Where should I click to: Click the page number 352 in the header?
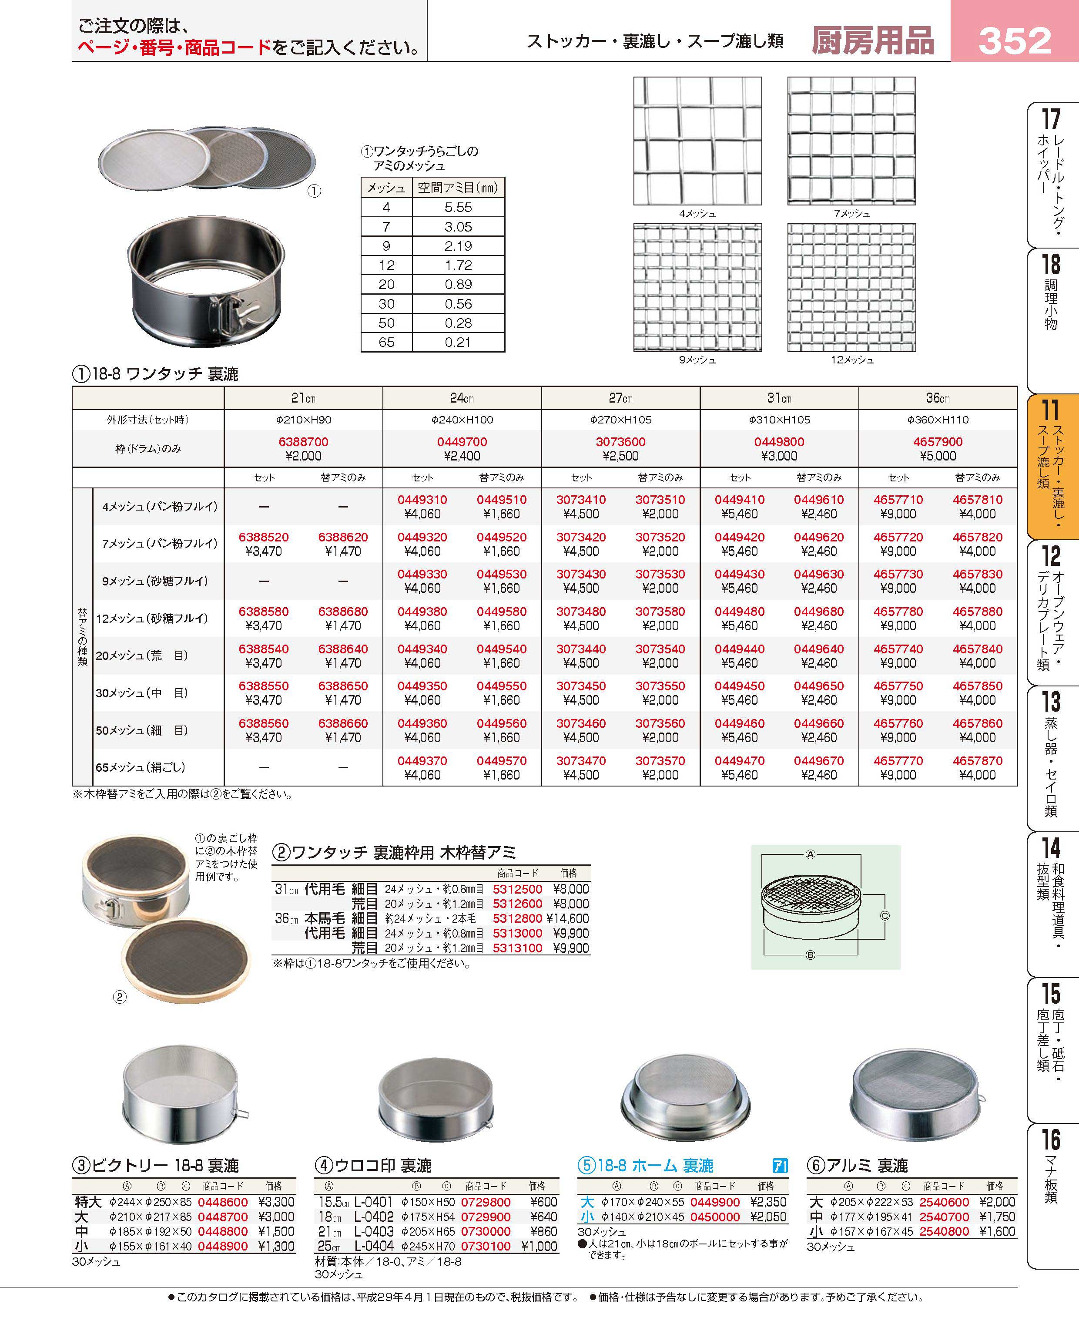point(1014,40)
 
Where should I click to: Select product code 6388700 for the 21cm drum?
point(303,442)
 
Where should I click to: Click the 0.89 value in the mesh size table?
point(458,284)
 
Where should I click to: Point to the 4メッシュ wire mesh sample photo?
point(697,141)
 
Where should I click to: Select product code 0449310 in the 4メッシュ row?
point(422,500)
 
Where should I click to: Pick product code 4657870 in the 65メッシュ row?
point(977,761)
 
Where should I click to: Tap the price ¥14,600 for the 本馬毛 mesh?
point(567,918)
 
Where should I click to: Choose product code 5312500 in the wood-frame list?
point(517,889)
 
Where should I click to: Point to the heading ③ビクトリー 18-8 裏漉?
point(155,1166)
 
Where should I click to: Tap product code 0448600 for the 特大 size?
point(222,1202)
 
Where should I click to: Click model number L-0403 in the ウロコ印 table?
point(374,1231)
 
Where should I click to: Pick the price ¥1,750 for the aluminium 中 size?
point(996,1217)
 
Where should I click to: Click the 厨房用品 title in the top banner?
point(873,41)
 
